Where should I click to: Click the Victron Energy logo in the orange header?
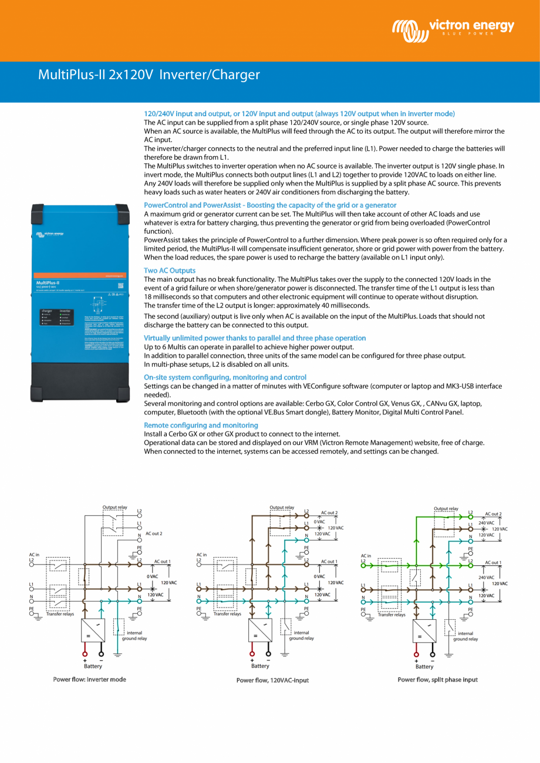pos(453,27)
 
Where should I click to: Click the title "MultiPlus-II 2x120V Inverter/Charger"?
pos(148,75)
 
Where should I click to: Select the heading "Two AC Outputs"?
pos(170,271)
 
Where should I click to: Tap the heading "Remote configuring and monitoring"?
pos(201,425)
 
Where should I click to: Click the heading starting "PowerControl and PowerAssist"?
pos(270,205)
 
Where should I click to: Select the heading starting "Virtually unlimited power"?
pos(255,338)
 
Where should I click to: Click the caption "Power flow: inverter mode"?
pos(89,679)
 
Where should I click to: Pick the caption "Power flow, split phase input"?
pos(437,679)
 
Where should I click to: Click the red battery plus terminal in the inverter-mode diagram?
pos(85,654)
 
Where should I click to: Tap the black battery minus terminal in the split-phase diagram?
pos(433,654)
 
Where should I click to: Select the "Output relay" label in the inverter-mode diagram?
pos(114,507)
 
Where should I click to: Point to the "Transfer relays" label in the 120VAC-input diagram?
pos(227,614)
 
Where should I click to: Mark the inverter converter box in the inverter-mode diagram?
pos(93,630)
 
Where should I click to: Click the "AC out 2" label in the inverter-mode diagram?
pos(153,534)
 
